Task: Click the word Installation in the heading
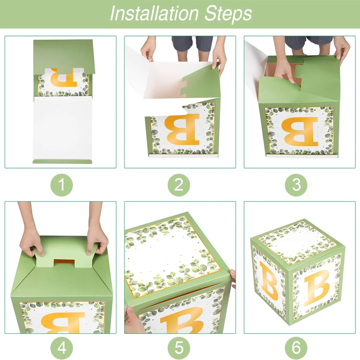[154, 13]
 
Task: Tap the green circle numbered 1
[62, 185]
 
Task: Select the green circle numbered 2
[179, 185]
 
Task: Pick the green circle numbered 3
[296, 185]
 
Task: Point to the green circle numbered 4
[62, 348]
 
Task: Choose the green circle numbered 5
[179, 348]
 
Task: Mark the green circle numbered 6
[296, 348]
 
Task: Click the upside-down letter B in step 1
[64, 78]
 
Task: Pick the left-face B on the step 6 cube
[269, 281]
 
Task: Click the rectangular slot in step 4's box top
[64, 264]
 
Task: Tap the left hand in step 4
[31, 239]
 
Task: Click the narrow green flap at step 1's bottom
[62, 161]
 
